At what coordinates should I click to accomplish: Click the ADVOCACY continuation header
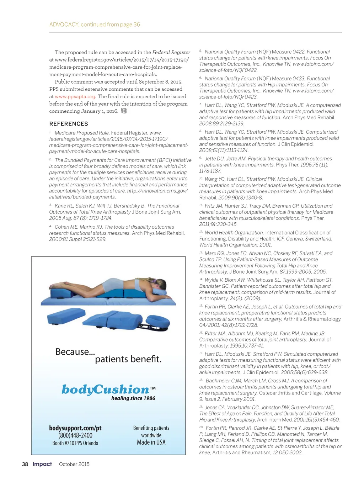click(x=95, y=25)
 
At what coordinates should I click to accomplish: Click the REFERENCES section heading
click(x=69, y=124)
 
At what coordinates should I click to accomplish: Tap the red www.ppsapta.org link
click(x=75, y=96)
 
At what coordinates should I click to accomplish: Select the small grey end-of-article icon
click(x=124, y=111)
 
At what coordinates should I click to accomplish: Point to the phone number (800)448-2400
click(x=75, y=435)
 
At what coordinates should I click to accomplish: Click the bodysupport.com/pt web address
click(x=75, y=428)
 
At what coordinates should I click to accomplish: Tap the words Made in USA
click(x=151, y=442)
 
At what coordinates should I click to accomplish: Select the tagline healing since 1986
click(x=133, y=398)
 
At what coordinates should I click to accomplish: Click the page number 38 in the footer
click(x=25, y=464)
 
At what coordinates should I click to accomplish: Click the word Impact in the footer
click(x=42, y=464)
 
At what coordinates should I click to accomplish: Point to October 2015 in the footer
click(x=74, y=464)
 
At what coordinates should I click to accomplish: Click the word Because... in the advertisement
click(x=75, y=352)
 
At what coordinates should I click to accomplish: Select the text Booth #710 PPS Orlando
click(x=75, y=443)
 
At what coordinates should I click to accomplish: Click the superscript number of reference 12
click(x=201, y=232)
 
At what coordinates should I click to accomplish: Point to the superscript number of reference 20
click(x=201, y=427)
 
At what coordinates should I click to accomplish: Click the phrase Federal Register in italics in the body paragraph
click(x=171, y=52)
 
